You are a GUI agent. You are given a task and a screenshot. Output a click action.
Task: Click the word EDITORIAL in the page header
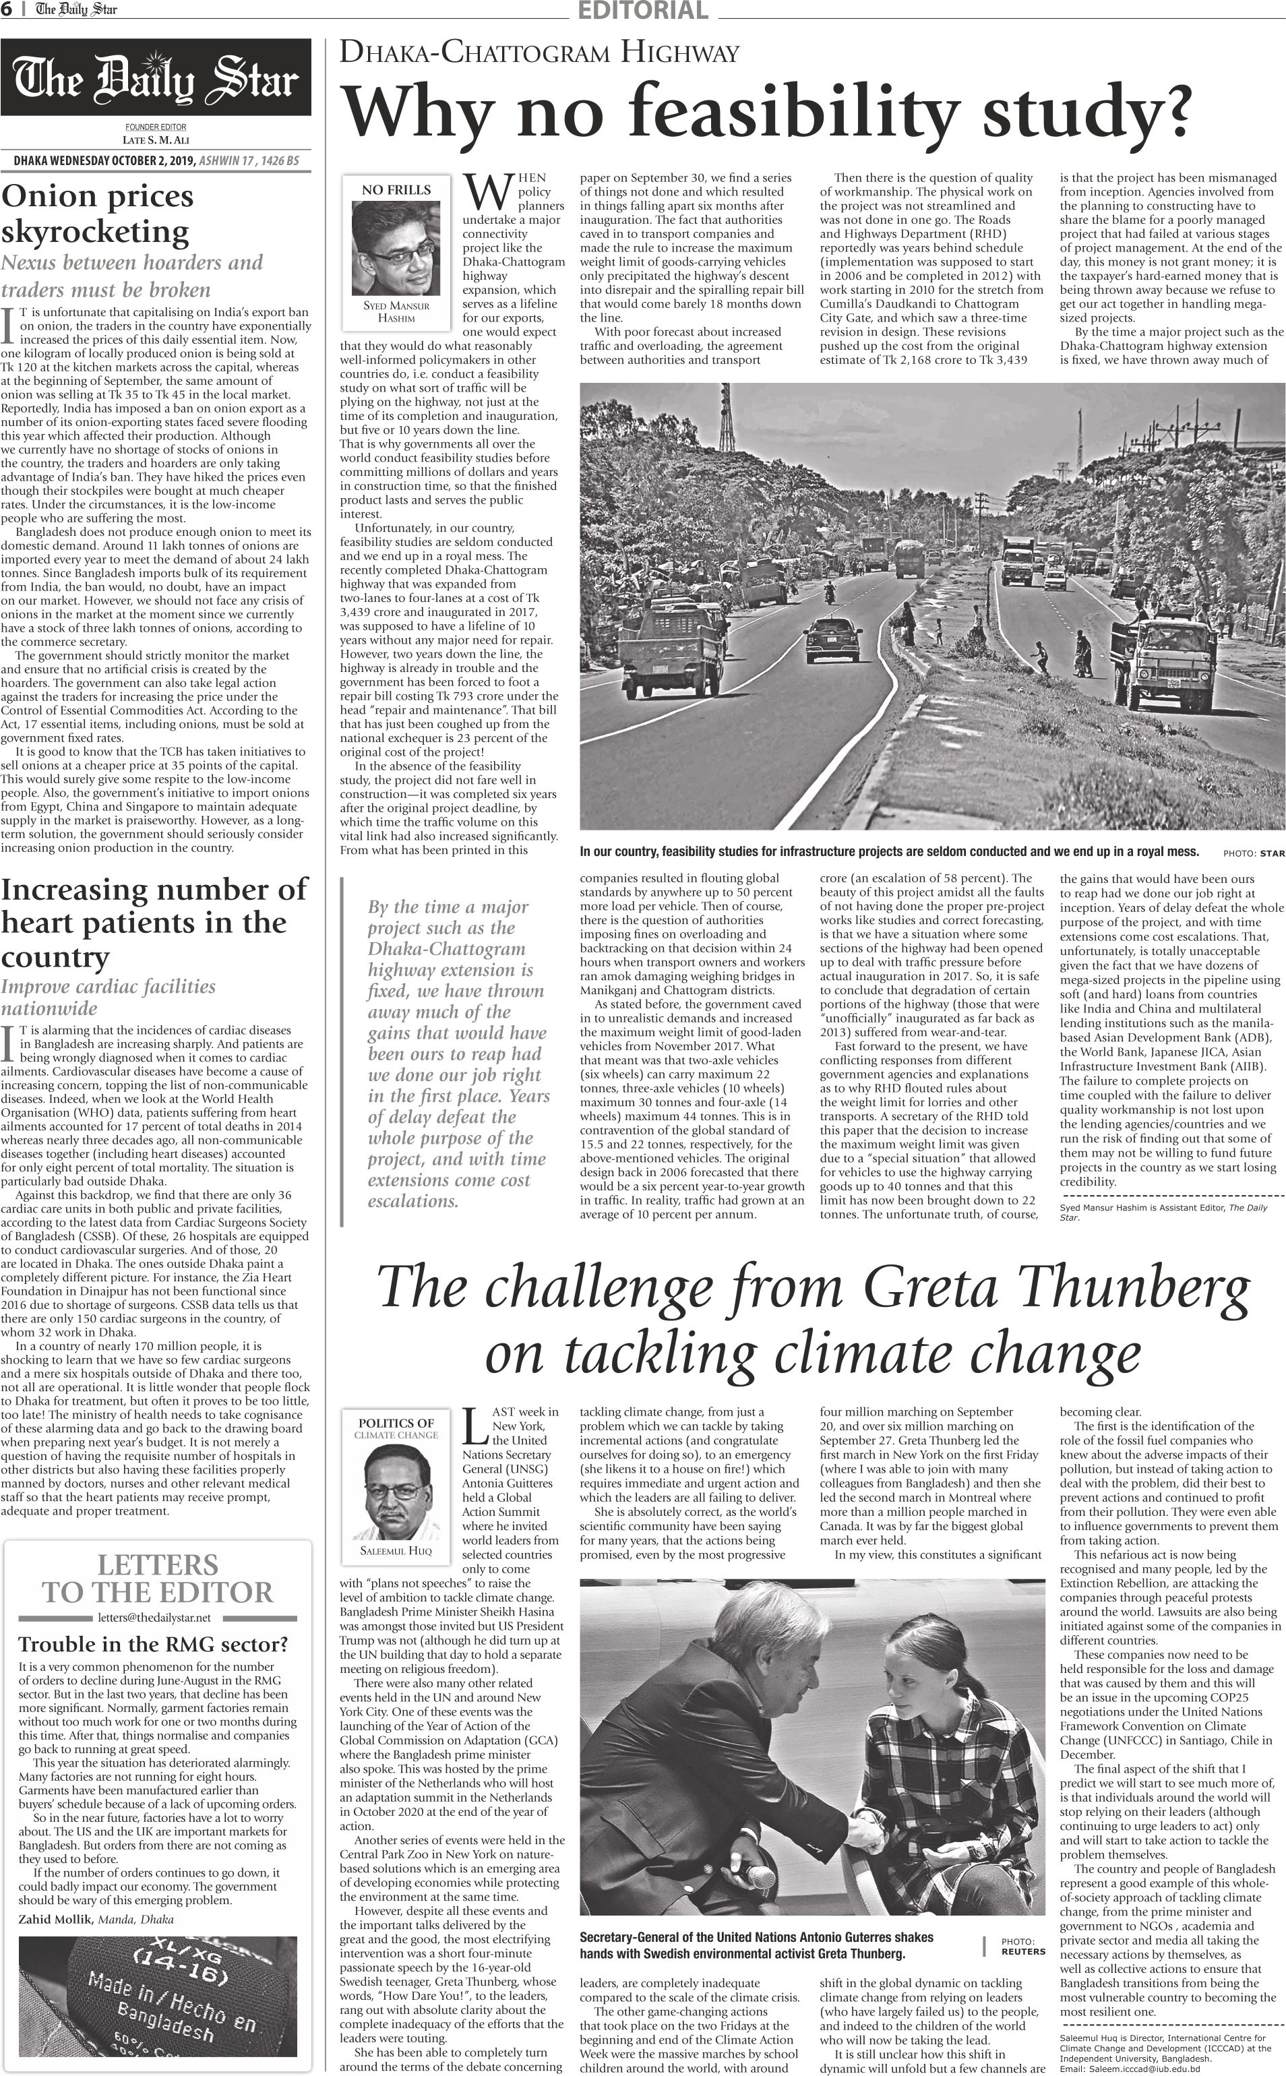(642, 10)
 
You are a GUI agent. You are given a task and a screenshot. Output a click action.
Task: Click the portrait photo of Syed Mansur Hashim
(396, 247)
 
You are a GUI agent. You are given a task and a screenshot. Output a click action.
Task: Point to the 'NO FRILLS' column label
(396, 189)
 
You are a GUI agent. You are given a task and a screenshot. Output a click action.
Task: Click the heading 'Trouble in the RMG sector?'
(153, 1644)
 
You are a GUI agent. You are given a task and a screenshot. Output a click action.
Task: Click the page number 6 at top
(6, 9)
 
